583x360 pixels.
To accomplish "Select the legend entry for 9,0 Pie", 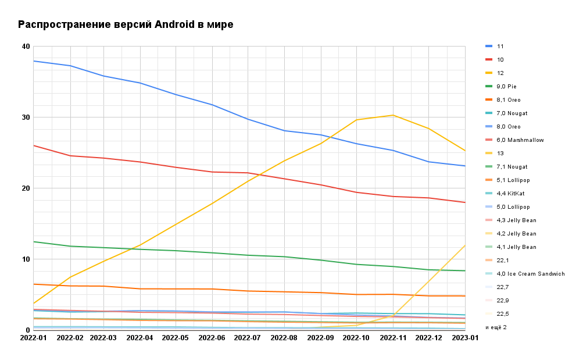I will pyautogui.click(x=506, y=87).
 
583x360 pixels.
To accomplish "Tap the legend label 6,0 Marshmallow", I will pyautogui.click(x=520, y=140).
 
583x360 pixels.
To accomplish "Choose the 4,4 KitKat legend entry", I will pyautogui.click(x=510, y=194).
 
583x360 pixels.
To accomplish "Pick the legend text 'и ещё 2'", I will pyautogui.click(x=496, y=327).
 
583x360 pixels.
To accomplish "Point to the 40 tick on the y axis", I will pyautogui.click(x=26, y=47).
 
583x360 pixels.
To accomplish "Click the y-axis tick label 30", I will pyautogui.click(x=26, y=117).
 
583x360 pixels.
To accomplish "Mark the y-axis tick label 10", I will pyautogui.click(x=26, y=259).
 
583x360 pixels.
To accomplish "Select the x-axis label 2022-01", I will pyautogui.click(x=34, y=337).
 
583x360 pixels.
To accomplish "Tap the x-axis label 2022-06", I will pyautogui.click(x=213, y=337).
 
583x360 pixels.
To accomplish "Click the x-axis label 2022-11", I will pyautogui.click(x=394, y=337).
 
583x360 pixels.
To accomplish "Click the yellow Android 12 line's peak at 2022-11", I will pyautogui.click(x=394, y=115).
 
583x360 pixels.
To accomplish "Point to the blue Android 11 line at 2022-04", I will pyautogui.click(x=141, y=83).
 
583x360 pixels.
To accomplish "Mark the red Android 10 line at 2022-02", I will pyautogui.click(x=70, y=156).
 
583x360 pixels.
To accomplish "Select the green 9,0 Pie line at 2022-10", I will pyautogui.click(x=357, y=265).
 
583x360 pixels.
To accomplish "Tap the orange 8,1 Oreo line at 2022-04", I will pyautogui.click(x=141, y=289).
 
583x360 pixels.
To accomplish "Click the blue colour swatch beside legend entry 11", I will pyautogui.click(x=488, y=47).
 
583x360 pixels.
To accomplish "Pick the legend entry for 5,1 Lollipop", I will pyautogui.click(x=513, y=180).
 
